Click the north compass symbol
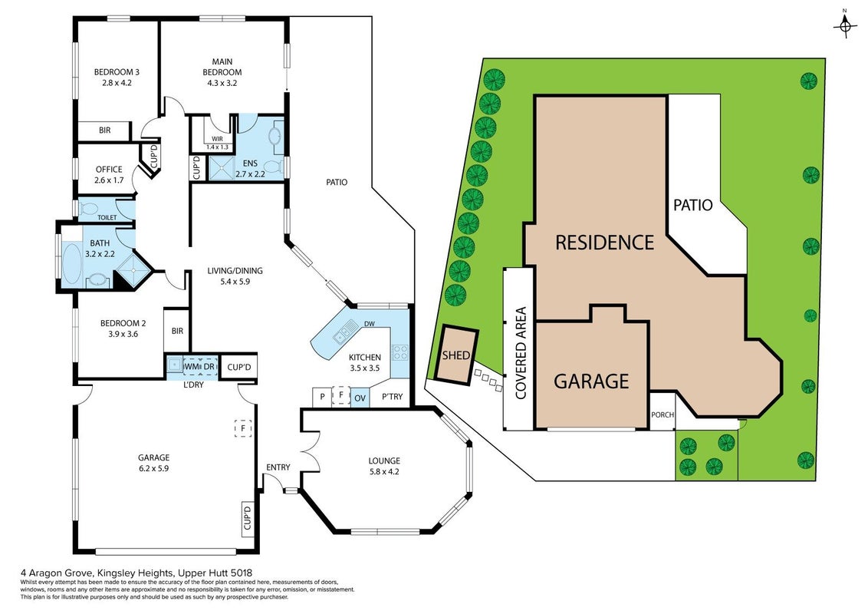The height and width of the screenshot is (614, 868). coord(845,25)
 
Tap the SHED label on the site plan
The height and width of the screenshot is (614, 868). coord(456,355)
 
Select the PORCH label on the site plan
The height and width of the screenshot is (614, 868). coord(662,414)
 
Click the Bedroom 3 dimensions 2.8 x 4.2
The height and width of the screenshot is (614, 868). coord(117,83)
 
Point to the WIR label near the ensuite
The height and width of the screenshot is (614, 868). coord(217,139)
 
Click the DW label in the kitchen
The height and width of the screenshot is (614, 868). coord(370,324)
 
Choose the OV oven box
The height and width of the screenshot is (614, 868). coord(360,398)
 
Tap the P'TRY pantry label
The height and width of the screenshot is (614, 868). coord(393,397)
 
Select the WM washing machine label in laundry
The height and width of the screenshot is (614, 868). coord(191,367)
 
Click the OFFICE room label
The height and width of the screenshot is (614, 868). coord(109,170)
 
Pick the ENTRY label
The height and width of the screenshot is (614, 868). coord(278,467)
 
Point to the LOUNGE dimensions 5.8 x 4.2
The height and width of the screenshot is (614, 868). coord(384,471)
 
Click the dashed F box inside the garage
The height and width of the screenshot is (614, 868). coord(243,427)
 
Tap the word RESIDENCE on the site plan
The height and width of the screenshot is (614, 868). coord(604,243)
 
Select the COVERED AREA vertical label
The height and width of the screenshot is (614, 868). coord(521,353)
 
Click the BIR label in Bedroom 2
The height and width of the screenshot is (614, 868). coord(177,331)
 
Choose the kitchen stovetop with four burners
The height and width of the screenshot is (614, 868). coord(399,352)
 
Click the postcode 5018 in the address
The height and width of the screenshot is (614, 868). coord(242,573)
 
